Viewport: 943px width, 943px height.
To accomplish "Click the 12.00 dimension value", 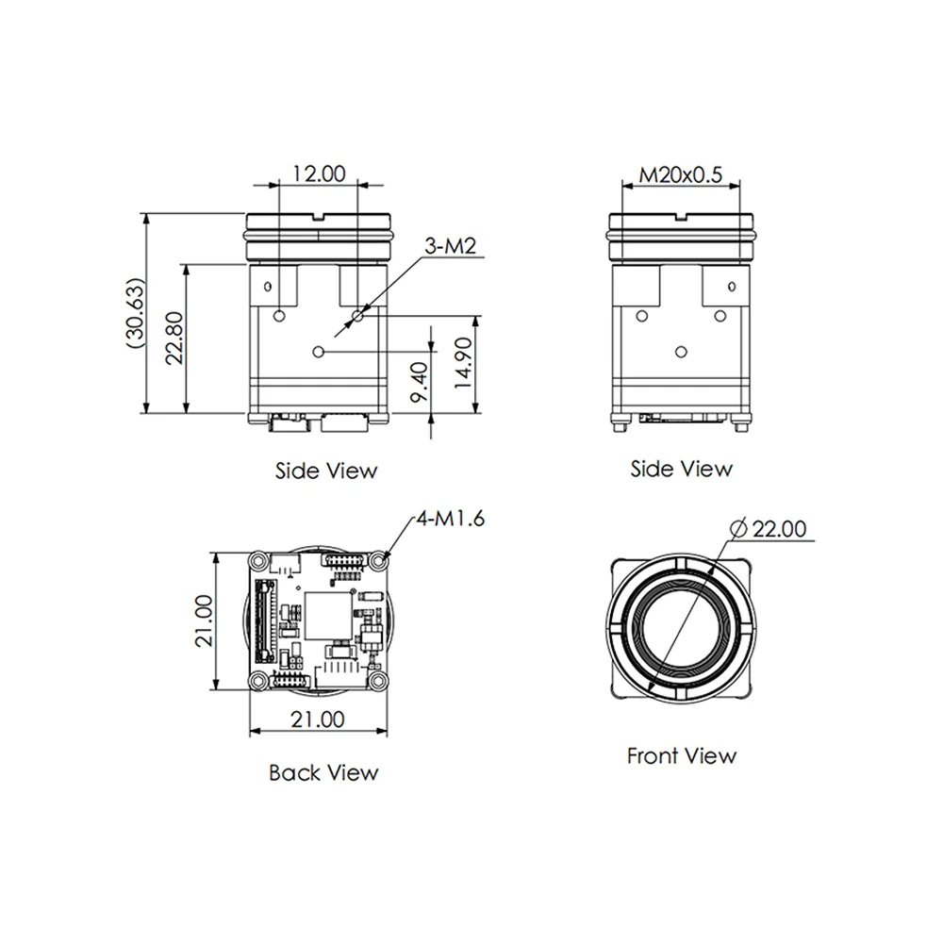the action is (319, 174).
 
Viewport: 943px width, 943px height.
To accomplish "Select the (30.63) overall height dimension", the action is (136, 313).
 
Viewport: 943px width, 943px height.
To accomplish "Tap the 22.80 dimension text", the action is (174, 338).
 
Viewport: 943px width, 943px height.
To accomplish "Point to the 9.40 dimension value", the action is (419, 381).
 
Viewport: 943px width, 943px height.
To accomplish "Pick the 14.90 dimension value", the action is (463, 363).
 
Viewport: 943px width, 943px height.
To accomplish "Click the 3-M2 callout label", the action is (451, 246).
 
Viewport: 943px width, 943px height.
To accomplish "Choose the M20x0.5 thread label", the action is (680, 175).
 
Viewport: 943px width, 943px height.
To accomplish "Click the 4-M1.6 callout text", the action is (451, 519).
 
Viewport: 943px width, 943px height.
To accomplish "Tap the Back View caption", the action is (323, 773).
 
